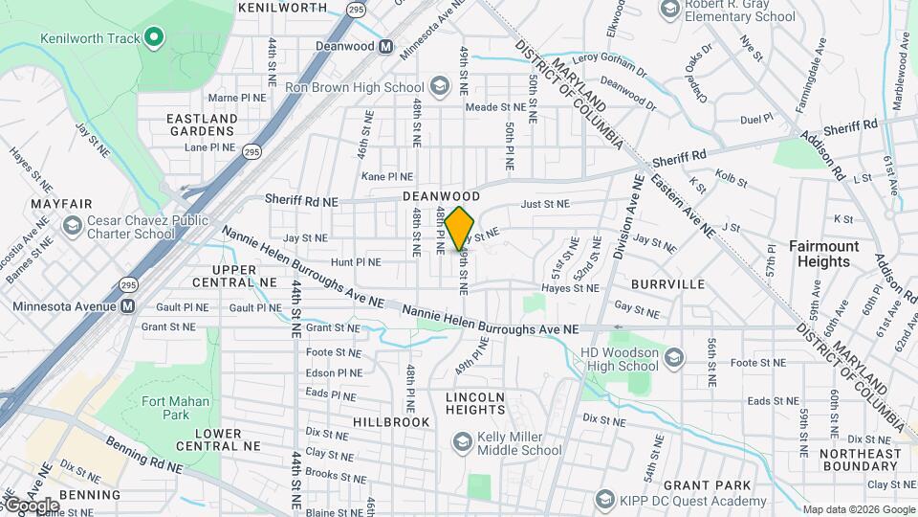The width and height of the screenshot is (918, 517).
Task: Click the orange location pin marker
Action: [460, 228]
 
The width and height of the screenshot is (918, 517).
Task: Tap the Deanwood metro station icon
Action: [385, 46]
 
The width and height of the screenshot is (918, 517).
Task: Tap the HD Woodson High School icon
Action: [674, 357]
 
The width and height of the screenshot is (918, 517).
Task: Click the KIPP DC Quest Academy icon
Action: [604, 499]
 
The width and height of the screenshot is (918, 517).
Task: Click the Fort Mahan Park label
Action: [151, 408]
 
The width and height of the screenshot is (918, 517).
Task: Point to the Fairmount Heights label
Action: [823, 254]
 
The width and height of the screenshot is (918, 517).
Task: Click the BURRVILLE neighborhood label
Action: [667, 284]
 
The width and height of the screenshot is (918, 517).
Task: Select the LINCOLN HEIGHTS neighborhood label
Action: [475, 403]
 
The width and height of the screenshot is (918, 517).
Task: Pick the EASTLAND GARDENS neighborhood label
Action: [202, 124]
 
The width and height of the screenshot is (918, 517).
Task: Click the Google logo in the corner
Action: [32, 505]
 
